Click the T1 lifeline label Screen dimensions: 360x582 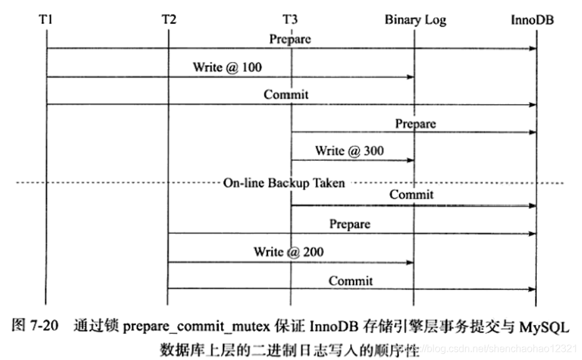(x=45, y=19)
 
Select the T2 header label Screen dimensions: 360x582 (x=169, y=19)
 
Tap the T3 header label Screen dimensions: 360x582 (x=290, y=19)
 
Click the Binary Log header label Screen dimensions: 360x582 (x=415, y=19)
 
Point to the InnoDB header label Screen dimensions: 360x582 (x=533, y=19)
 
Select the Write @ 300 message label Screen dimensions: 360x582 (x=350, y=150)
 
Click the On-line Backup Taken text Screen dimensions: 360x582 (x=284, y=183)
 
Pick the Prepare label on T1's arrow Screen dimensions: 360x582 (x=290, y=39)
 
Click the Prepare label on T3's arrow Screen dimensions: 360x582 (x=415, y=123)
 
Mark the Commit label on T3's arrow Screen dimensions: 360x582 (x=411, y=194)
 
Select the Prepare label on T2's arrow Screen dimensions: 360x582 (x=350, y=224)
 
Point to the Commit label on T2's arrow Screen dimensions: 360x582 (x=351, y=280)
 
